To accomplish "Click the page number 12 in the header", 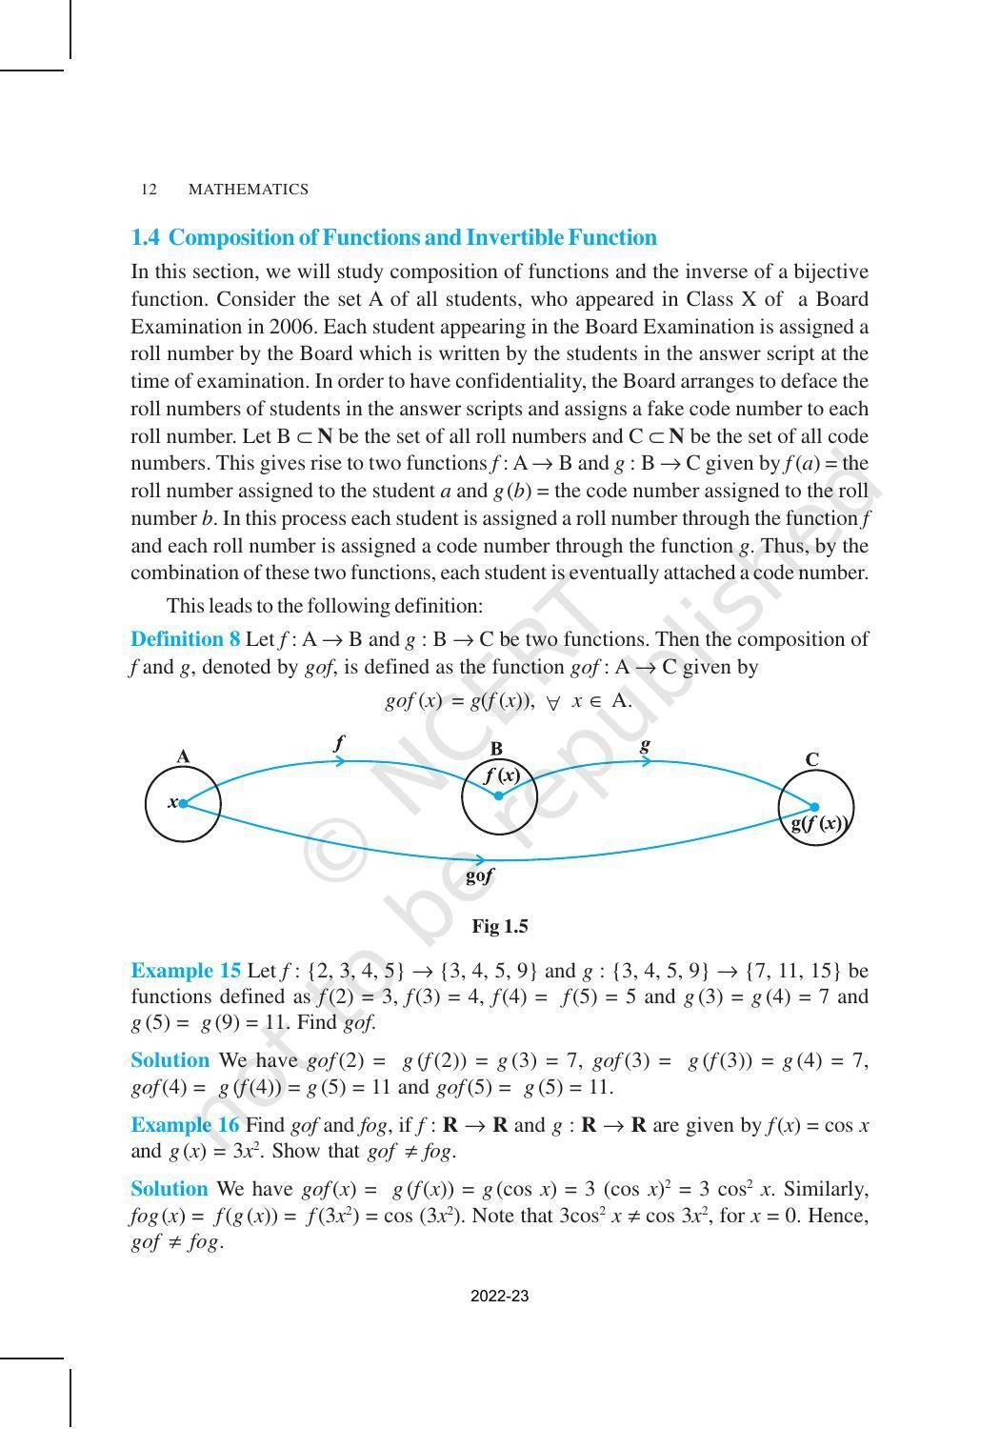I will click(x=148, y=190).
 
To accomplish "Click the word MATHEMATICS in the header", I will click(x=249, y=190).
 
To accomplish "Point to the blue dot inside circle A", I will click(x=183, y=804).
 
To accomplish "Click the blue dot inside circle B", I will click(x=498, y=795).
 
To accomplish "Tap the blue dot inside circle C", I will click(x=814, y=807).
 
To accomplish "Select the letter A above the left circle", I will click(x=183, y=757).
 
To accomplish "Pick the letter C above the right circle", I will click(x=811, y=759).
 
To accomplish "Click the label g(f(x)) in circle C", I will click(x=819, y=824).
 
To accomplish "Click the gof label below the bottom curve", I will click(x=479, y=876).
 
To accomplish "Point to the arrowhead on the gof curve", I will click(x=482, y=859).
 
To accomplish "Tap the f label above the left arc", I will click(x=339, y=742).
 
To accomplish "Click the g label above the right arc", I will click(x=645, y=744).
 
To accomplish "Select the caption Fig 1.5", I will click(x=500, y=927).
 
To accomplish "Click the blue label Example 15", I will click(x=186, y=971).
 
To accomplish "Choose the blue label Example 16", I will click(x=186, y=1125).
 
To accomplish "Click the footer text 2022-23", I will click(x=500, y=1296).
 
